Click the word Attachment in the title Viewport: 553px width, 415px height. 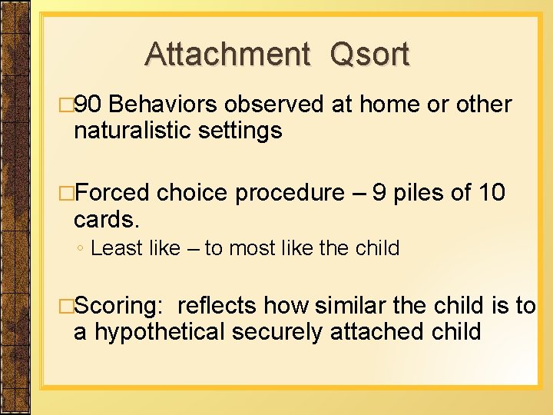click(x=227, y=55)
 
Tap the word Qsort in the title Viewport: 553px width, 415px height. click(x=369, y=55)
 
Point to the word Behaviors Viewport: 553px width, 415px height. click(x=171, y=105)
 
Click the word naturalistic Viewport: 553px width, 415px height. click(x=132, y=131)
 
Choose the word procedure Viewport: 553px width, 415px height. click(x=290, y=193)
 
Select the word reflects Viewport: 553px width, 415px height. click(x=217, y=306)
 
